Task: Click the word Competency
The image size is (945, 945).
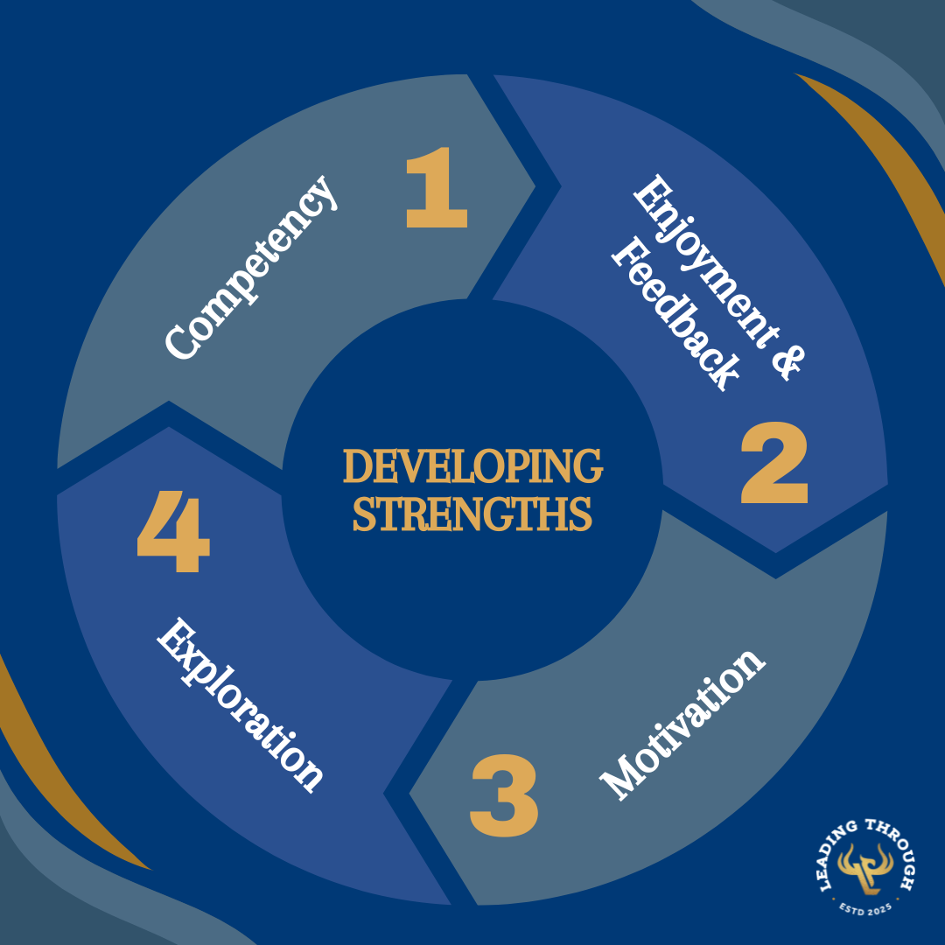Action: (252, 268)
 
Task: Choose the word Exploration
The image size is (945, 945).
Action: (241, 704)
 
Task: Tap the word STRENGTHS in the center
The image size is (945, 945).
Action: (472, 514)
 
